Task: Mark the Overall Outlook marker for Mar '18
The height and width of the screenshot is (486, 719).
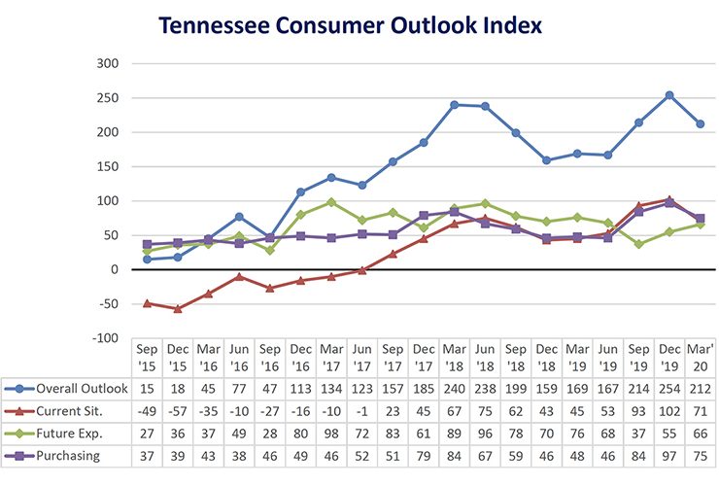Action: (455, 105)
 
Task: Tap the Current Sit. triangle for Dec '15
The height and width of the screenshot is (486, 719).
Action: (178, 308)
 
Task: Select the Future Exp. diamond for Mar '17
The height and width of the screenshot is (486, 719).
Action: (331, 202)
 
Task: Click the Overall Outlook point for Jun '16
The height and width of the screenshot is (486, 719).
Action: (239, 217)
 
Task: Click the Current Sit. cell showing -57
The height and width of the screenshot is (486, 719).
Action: (178, 410)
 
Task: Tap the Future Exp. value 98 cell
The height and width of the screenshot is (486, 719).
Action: (330, 432)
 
